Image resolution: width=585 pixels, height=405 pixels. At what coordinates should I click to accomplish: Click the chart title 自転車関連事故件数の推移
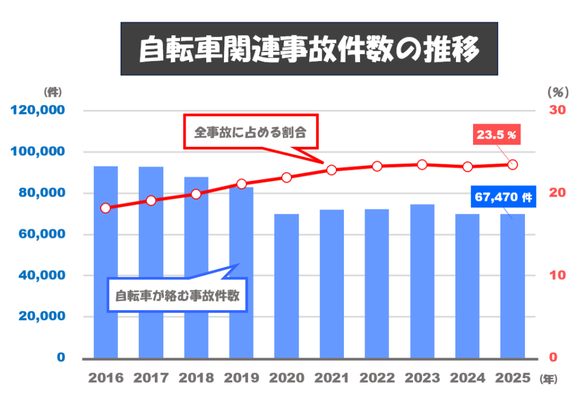tap(308, 49)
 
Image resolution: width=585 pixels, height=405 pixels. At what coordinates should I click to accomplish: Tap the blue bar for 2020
tap(286, 286)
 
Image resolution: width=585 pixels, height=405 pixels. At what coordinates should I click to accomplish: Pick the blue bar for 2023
tap(422, 280)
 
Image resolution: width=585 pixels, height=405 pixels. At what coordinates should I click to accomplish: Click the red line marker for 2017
tap(151, 201)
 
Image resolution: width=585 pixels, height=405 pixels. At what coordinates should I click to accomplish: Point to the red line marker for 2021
tap(332, 170)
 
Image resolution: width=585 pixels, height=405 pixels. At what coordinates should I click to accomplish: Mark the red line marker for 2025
tap(512, 165)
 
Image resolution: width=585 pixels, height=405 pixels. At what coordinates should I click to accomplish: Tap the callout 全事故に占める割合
tap(250, 132)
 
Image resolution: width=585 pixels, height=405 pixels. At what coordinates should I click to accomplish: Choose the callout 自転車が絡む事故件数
tap(177, 295)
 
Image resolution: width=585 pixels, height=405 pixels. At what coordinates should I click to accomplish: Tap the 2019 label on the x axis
tap(242, 378)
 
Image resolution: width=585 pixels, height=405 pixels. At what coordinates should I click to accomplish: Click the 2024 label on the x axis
tap(468, 378)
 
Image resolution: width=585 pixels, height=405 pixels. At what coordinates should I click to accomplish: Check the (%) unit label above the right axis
tap(556, 91)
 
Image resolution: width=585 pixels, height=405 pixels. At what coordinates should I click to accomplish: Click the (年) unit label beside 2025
tap(548, 379)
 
